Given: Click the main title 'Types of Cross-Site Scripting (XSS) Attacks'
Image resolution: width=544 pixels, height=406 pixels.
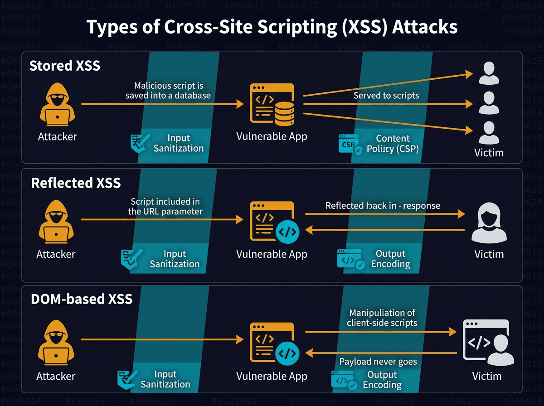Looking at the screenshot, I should point(272,27).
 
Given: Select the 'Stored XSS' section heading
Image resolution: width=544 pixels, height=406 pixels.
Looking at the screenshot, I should point(65,66).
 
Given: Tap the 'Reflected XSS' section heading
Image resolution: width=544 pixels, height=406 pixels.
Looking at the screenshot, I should point(76,183).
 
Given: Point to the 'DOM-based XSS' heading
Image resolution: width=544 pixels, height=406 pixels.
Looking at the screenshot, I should point(82,299).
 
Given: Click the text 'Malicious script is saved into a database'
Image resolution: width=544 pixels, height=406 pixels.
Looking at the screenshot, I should point(168,91).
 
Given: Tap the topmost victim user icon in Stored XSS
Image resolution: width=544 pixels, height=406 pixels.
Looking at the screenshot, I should point(488,73).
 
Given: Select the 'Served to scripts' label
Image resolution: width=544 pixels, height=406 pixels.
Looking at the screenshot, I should point(386,96).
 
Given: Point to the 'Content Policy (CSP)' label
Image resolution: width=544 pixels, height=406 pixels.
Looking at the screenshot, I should point(393,144).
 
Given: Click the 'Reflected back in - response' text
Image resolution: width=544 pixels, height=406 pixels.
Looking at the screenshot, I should point(383,206).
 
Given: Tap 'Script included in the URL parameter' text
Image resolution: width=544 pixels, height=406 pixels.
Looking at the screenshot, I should point(165,206).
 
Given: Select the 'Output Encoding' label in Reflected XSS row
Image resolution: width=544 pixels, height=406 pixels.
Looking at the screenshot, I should point(390,259).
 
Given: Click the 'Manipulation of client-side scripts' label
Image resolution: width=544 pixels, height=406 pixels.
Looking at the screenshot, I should point(382,318).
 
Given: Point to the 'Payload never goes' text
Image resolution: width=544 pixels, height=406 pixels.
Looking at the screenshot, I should point(378,362).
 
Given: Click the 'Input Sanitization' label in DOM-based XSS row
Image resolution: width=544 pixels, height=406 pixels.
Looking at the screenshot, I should point(165,379).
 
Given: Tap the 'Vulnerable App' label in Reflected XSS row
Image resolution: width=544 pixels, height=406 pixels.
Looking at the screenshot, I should point(272,255).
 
